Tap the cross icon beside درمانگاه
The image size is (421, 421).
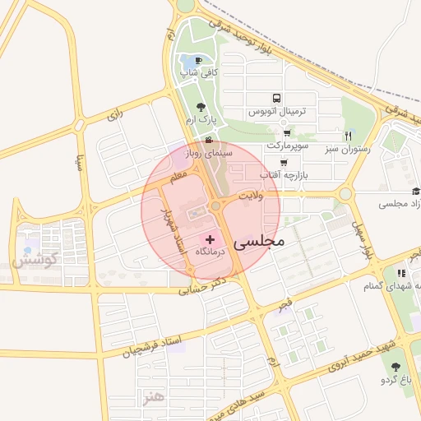coord(210,238)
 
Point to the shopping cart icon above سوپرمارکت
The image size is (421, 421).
coord(286,132)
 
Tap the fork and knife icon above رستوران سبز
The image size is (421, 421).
coord(348,136)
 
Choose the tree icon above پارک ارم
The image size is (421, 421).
coord(201,107)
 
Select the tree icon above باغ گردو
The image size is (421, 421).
coord(396,367)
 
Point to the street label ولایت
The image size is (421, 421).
coord(250,196)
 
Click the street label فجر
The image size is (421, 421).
coord(285,306)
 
